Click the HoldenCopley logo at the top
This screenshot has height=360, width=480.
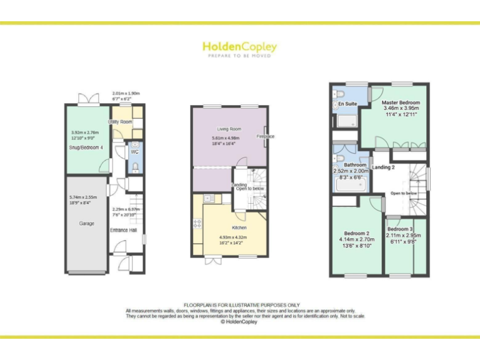(239, 47)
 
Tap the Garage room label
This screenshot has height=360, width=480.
(87, 223)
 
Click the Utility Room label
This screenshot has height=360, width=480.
(120, 121)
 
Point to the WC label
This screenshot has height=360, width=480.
(135, 152)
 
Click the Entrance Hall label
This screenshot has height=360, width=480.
(123, 230)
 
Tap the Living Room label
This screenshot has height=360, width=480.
(229, 129)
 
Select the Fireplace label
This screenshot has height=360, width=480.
(265, 136)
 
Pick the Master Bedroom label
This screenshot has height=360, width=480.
(401, 102)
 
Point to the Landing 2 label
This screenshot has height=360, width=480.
(383, 167)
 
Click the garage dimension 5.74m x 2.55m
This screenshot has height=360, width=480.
(84, 198)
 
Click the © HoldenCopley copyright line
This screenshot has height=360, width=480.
(240, 322)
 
